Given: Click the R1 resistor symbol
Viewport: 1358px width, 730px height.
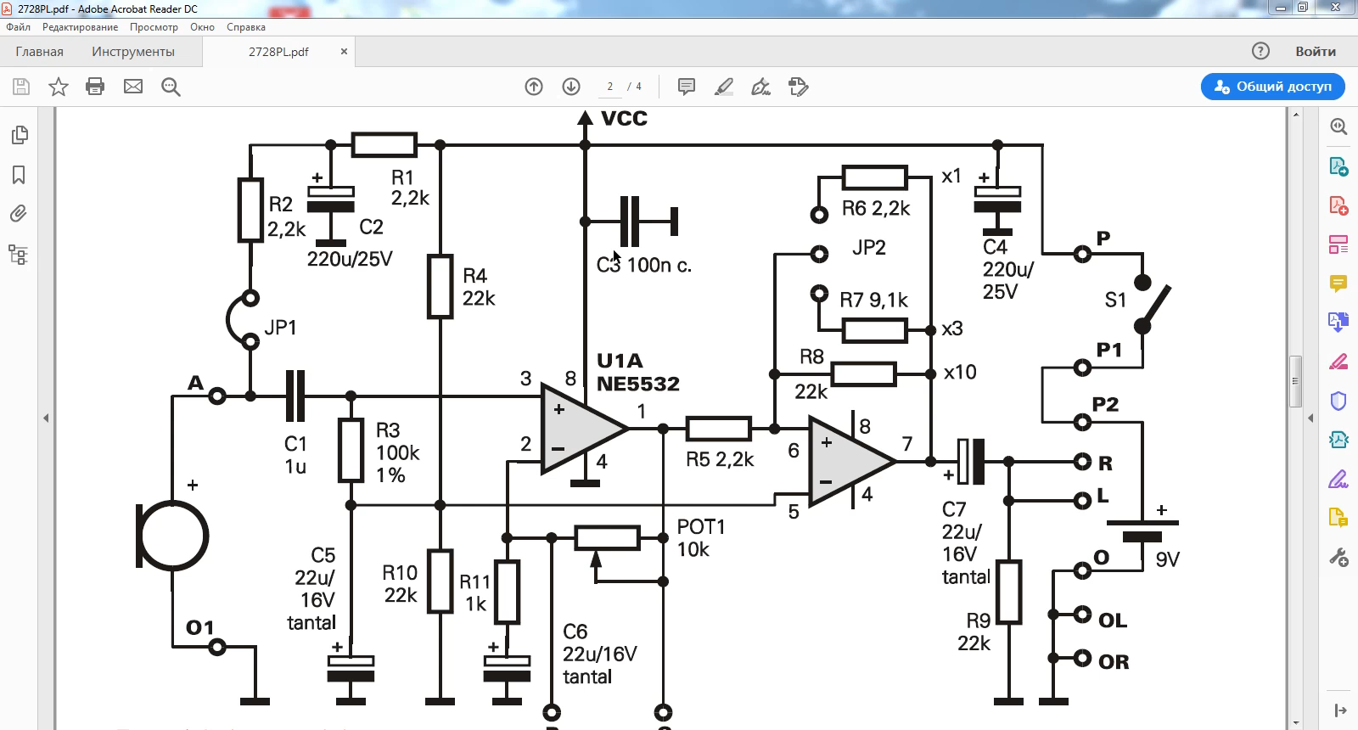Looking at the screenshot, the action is pyautogui.click(x=384, y=145).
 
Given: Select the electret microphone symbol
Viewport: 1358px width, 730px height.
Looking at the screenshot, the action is pyautogui.click(x=172, y=536).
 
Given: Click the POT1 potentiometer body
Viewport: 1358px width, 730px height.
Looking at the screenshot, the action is pyautogui.click(x=607, y=538).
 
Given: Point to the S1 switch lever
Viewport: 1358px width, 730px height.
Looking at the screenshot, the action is pyautogui.click(x=1156, y=306).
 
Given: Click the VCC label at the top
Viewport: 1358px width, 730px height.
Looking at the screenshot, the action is pyautogui.click(x=624, y=118).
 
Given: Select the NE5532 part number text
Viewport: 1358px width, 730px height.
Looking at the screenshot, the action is pyautogui.click(x=637, y=384).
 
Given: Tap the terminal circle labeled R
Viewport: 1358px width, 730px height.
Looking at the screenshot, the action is pyautogui.click(x=1082, y=462).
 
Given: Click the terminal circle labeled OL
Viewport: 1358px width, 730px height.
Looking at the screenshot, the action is pyautogui.click(x=1082, y=615).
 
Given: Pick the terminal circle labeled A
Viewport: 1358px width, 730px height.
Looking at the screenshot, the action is pyautogui.click(x=217, y=396).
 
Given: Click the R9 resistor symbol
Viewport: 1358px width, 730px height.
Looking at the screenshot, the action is pyautogui.click(x=1009, y=592).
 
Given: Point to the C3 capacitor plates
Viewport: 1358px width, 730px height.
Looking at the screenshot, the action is pyautogui.click(x=630, y=222).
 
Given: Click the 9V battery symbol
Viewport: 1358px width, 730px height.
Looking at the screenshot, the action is pyautogui.click(x=1142, y=530).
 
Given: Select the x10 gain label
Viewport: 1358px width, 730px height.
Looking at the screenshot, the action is pyautogui.click(x=960, y=372).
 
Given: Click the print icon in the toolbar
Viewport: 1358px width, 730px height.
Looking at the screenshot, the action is pyautogui.click(x=95, y=87).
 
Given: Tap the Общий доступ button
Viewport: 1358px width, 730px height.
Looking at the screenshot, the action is pyautogui.click(x=1272, y=87).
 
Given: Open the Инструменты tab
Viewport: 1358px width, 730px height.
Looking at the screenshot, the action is pyautogui.click(x=133, y=52).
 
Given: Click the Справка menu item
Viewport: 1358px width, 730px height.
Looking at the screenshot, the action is pyautogui.click(x=246, y=27).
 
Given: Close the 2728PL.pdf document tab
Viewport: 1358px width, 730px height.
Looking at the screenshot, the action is pyautogui.click(x=344, y=52).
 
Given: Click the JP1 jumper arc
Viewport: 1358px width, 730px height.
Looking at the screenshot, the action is pyautogui.click(x=228, y=320).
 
